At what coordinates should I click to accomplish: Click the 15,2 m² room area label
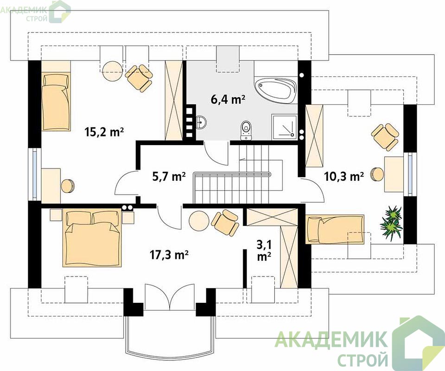pyautogui.click(x=104, y=132)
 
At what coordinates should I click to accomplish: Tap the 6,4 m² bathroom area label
pyautogui.click(x=228, y=99)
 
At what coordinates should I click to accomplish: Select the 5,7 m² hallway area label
pyautogui.click(x=169, y=177)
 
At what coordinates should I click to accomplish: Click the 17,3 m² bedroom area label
pyautogui.click(x=169, y=255)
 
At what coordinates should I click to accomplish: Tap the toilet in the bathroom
pyautogui.click(x=246, y=131)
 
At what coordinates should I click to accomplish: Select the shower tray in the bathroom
pyautogui.click(x=284, y=127)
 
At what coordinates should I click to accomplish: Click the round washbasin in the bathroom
pyautogui.click(x=201, y=122)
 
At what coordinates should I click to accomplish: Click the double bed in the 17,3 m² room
pyautogui.click(x=92, y=238)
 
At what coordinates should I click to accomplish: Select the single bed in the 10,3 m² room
pyautogui.click(x=335, y=230)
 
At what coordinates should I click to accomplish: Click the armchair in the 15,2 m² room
pyautogui.click(x=139, y=77)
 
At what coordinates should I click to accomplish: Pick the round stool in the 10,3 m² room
pyautogui.click(x=377, y=174)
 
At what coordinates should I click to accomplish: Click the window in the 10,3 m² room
pyautogui.click(x=410, y=174)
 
